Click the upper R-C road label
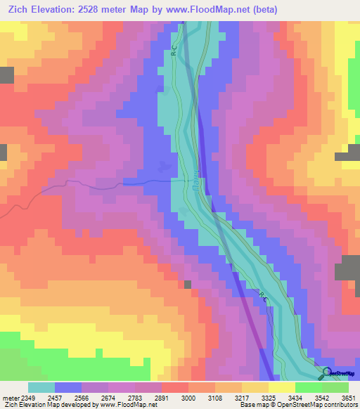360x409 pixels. point(174,51)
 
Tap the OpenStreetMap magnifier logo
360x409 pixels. point(326,372)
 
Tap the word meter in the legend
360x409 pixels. point(9,398)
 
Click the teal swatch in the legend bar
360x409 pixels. point(41,387)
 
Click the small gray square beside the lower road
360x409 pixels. point(188,284)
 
